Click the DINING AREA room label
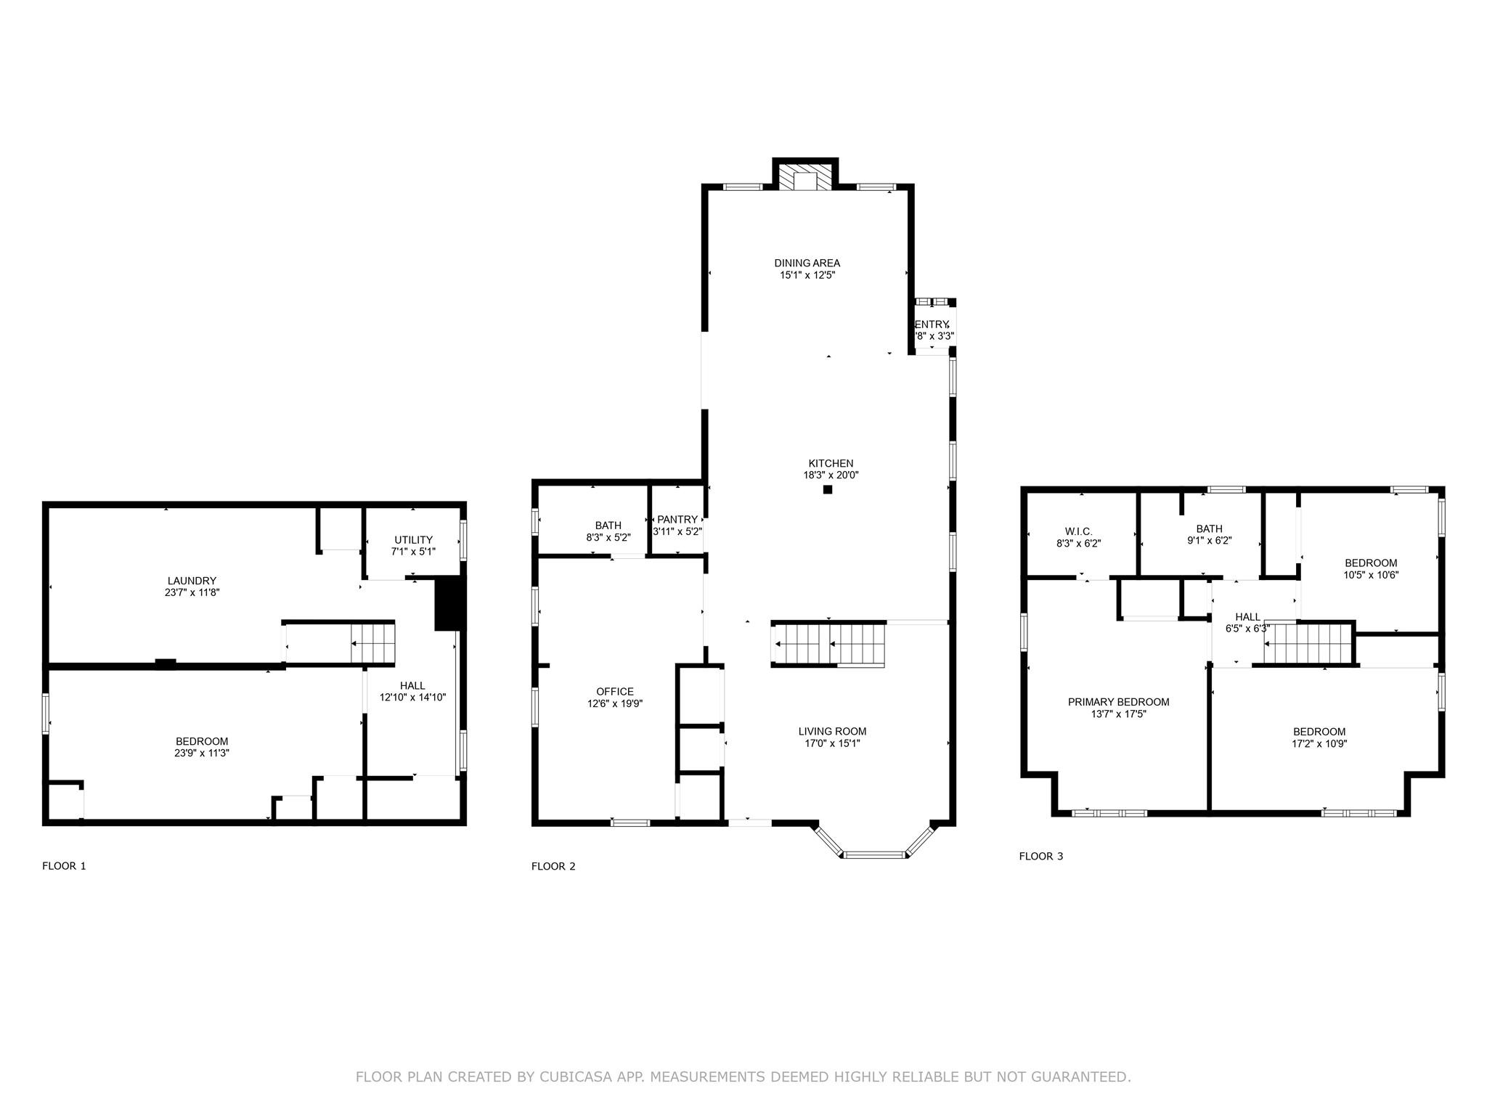(807, 263)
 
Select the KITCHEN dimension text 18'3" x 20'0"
(826, 475)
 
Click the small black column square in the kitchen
(827, 490)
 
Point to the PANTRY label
(677, 520)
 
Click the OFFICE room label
(615, 692)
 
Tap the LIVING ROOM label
(832, 731)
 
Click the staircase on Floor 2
(829, 645)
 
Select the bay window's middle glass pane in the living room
(874, 854)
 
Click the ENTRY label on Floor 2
(932, 324)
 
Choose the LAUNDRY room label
(192, 581)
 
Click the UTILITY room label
(413, 540)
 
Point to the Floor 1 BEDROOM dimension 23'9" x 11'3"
(202, 753)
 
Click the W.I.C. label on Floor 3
(1078, 531)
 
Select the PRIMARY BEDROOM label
(1118, 702)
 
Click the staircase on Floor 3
(1308, 644)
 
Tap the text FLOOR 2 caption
(553, 866)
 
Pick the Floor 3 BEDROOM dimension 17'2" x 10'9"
(1319, 743)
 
